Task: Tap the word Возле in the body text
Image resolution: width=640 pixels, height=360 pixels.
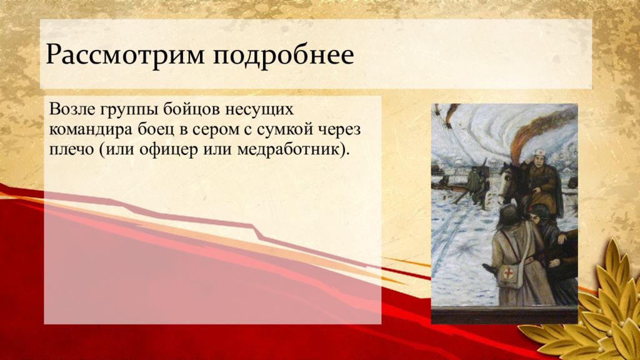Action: point(71,109)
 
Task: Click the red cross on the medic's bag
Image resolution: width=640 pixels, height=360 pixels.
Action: point(508,272)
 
